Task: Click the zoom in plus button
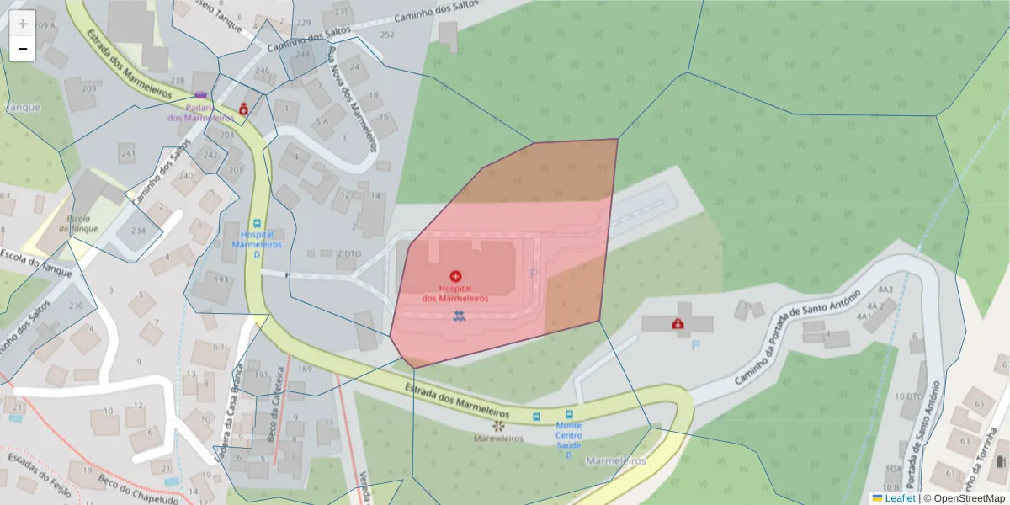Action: [23, 24]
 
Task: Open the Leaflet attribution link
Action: [900, 497]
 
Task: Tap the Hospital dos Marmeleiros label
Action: [455, 293]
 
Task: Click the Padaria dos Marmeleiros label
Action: [200, 112]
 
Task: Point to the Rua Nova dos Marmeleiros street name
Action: [359, 93]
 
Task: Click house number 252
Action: [387, 35]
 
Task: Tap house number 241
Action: [128, 153]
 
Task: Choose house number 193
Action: [222, 279]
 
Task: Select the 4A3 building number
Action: [885, 290]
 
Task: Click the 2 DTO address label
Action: [348, 253]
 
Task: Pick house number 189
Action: [305, 369]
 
